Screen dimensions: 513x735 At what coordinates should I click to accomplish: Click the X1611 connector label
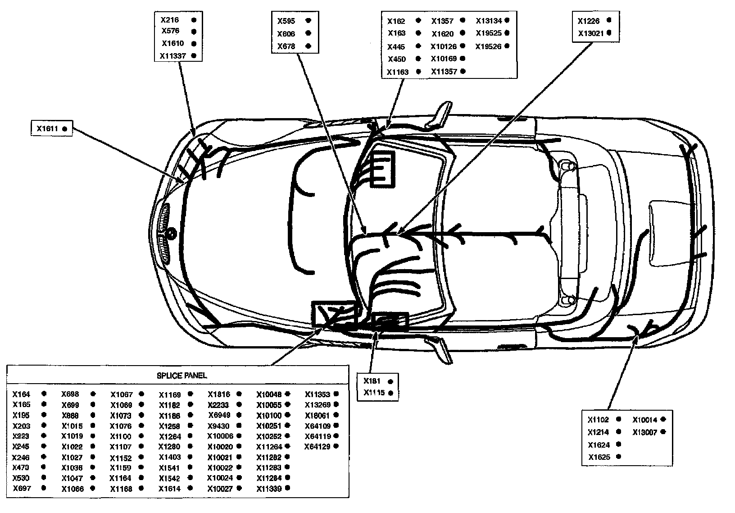[48, 129]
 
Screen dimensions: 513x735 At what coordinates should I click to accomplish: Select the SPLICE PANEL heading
[182, 376]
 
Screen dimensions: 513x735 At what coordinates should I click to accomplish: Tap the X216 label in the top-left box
[170, 20]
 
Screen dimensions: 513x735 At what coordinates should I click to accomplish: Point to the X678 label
[286, 46]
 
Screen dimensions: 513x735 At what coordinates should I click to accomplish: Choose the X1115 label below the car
[374, 393]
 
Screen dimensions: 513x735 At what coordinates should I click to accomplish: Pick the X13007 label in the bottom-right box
[645, 432]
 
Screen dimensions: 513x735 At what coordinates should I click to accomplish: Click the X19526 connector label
[489, 46]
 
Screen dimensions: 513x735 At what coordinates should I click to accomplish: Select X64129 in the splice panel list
[318, 447]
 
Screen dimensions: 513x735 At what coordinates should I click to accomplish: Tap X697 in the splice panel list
[22, 488]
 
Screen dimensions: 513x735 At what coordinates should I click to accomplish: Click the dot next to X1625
[618, 457]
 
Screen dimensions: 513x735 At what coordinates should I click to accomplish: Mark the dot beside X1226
[609, 20]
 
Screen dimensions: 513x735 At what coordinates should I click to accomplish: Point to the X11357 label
[444, 71]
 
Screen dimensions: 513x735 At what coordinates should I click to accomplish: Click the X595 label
[286, 21]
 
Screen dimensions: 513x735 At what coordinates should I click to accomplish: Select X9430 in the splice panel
[218, 426]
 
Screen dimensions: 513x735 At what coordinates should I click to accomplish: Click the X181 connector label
[372, 381]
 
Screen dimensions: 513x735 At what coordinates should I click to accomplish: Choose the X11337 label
[172, 56]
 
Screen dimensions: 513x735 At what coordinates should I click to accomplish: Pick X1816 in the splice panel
[219, 394]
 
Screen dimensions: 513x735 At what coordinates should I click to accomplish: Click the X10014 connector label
[645, 420]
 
